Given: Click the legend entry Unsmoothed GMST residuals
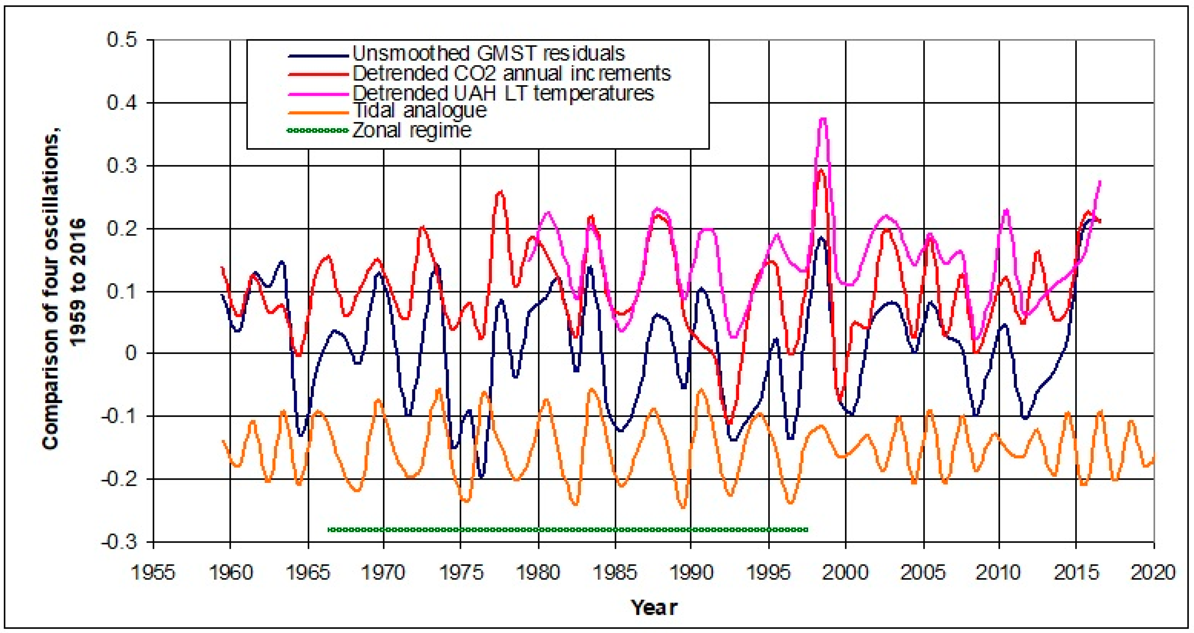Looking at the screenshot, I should coord(489,54).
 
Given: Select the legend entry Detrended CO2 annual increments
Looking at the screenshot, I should coord(512,73).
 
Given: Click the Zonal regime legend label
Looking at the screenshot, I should coord(412,130).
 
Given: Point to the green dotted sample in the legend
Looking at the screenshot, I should coord(318,130).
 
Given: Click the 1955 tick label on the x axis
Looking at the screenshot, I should coord(153,572).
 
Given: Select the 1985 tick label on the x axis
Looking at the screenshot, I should coord(615,572).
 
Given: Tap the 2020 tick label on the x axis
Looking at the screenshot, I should coord(1153,572).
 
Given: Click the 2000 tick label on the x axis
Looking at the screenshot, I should coord(845,572).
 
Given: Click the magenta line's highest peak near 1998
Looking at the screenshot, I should coord(823,119).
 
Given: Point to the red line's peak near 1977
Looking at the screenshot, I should coord(500,192).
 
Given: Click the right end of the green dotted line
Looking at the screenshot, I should coord(807,530).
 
